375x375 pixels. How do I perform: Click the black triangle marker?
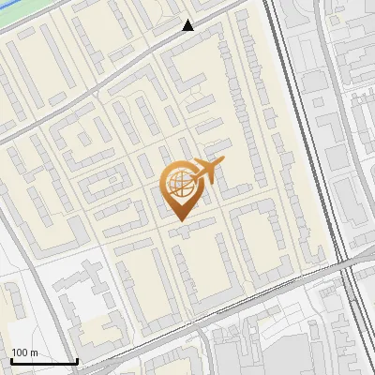click(x=188, y=25)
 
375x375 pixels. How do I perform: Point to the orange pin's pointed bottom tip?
click(x=180, y=220)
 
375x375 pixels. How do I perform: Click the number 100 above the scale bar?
click(x=20, y=352)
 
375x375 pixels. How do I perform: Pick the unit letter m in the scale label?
click(x=35, y=352)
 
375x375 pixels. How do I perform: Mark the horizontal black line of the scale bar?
click(x=43, y=361)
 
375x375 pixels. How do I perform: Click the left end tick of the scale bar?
click(x=11, y=359)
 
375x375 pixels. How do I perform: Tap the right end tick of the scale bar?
click(x=76, y=359)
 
